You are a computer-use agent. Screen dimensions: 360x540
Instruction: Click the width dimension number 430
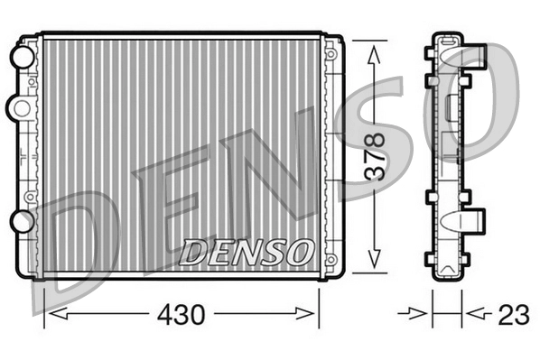tap(182, 315)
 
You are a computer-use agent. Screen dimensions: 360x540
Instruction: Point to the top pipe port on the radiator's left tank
tap(19, 57)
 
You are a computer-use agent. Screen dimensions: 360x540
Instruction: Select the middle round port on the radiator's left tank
tap(17, 108)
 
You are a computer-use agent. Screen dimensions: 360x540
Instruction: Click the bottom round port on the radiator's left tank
tap(19, 221)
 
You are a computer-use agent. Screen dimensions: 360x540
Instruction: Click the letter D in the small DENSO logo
tap(195, 250)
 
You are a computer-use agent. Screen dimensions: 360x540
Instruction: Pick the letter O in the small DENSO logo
tap(300, 250)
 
